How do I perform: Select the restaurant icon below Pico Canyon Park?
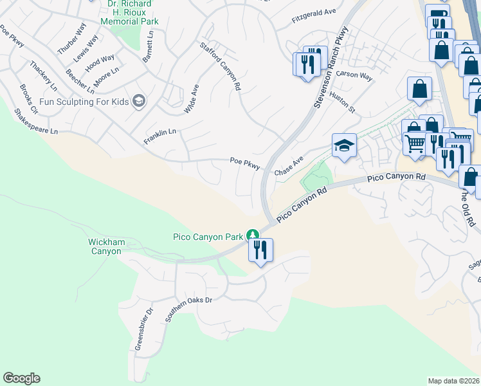coord(261,250)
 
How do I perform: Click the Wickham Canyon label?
coord(105,246)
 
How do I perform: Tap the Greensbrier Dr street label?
coord(144,329)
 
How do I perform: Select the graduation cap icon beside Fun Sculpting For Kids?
coord(138,100)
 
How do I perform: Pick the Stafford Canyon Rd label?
coord(221,66)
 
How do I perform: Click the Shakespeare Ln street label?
coord(36,121)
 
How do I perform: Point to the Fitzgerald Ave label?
coord(314,12)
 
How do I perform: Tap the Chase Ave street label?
coord(289,166)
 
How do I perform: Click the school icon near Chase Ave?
coord(344,145)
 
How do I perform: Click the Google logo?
coord(21,378)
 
